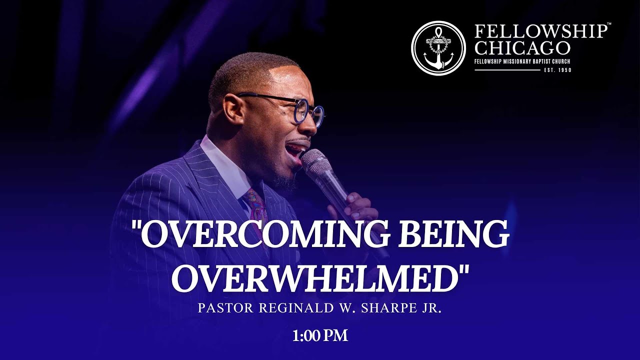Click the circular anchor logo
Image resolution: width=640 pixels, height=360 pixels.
pos(438,48)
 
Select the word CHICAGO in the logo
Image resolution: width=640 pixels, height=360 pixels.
pos(522,48)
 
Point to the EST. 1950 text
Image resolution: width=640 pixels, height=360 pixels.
pos(557,70)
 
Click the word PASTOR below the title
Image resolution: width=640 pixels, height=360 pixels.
pos(226,308)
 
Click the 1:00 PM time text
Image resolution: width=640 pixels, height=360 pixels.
pos(320,335)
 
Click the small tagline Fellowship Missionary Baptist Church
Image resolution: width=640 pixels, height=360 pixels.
pos(522,61)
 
